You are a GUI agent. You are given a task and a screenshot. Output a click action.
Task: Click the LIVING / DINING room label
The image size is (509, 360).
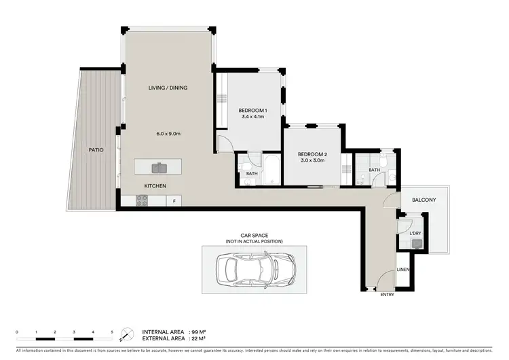168,88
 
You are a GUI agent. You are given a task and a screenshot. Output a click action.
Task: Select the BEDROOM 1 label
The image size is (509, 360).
252,110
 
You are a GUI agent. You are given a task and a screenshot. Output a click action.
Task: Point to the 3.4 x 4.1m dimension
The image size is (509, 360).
252,117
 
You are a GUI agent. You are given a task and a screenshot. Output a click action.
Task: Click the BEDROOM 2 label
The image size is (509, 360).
312,154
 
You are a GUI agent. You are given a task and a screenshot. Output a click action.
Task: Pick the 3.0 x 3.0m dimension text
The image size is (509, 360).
312,161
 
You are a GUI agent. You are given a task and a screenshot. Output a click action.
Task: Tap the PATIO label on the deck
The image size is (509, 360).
96,149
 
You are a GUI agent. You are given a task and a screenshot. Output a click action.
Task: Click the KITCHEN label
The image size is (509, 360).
155,185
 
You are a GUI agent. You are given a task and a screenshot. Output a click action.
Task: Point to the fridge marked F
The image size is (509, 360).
174,200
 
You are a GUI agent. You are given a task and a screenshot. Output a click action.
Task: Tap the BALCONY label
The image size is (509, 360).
423,200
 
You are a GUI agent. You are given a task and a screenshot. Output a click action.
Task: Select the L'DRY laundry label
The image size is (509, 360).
415,234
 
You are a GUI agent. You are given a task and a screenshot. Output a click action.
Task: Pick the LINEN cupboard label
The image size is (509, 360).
403,270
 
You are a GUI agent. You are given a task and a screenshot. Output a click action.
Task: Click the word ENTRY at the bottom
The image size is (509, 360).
387,294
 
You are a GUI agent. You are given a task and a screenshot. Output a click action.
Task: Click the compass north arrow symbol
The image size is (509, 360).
126,334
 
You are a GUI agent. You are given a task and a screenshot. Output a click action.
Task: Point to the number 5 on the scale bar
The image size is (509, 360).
112,331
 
